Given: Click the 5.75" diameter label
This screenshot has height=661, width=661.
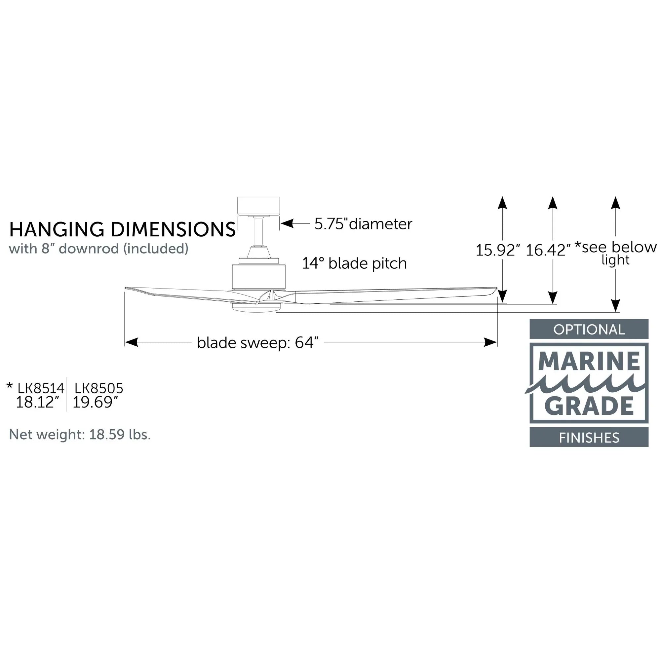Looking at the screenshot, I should coord(363,224).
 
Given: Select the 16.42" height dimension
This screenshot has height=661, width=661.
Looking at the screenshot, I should coord(548,250).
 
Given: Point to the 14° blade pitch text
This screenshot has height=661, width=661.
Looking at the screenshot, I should coord(354,263).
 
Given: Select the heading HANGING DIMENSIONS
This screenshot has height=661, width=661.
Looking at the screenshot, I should coord(122,229).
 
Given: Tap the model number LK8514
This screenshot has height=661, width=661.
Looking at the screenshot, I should coord(41,388).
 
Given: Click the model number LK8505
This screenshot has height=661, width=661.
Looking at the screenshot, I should coord(99,388).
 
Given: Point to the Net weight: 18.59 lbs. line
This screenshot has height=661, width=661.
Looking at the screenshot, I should coord(80,435).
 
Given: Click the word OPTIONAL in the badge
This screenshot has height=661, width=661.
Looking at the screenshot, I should coord(589,330).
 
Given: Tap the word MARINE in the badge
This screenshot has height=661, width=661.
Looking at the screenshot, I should coord(589,362).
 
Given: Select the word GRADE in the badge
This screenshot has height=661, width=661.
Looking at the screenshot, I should coord(589,406).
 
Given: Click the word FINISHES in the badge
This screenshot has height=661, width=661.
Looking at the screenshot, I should coord(589,438).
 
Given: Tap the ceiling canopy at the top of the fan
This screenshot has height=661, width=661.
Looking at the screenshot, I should coord(259,206).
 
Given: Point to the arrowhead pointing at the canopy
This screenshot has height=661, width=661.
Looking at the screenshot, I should coord(287,224).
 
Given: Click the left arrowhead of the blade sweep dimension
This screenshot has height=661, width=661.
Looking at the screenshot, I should coord(132,342).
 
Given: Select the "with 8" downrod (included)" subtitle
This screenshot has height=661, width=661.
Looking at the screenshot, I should coord(98,249).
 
